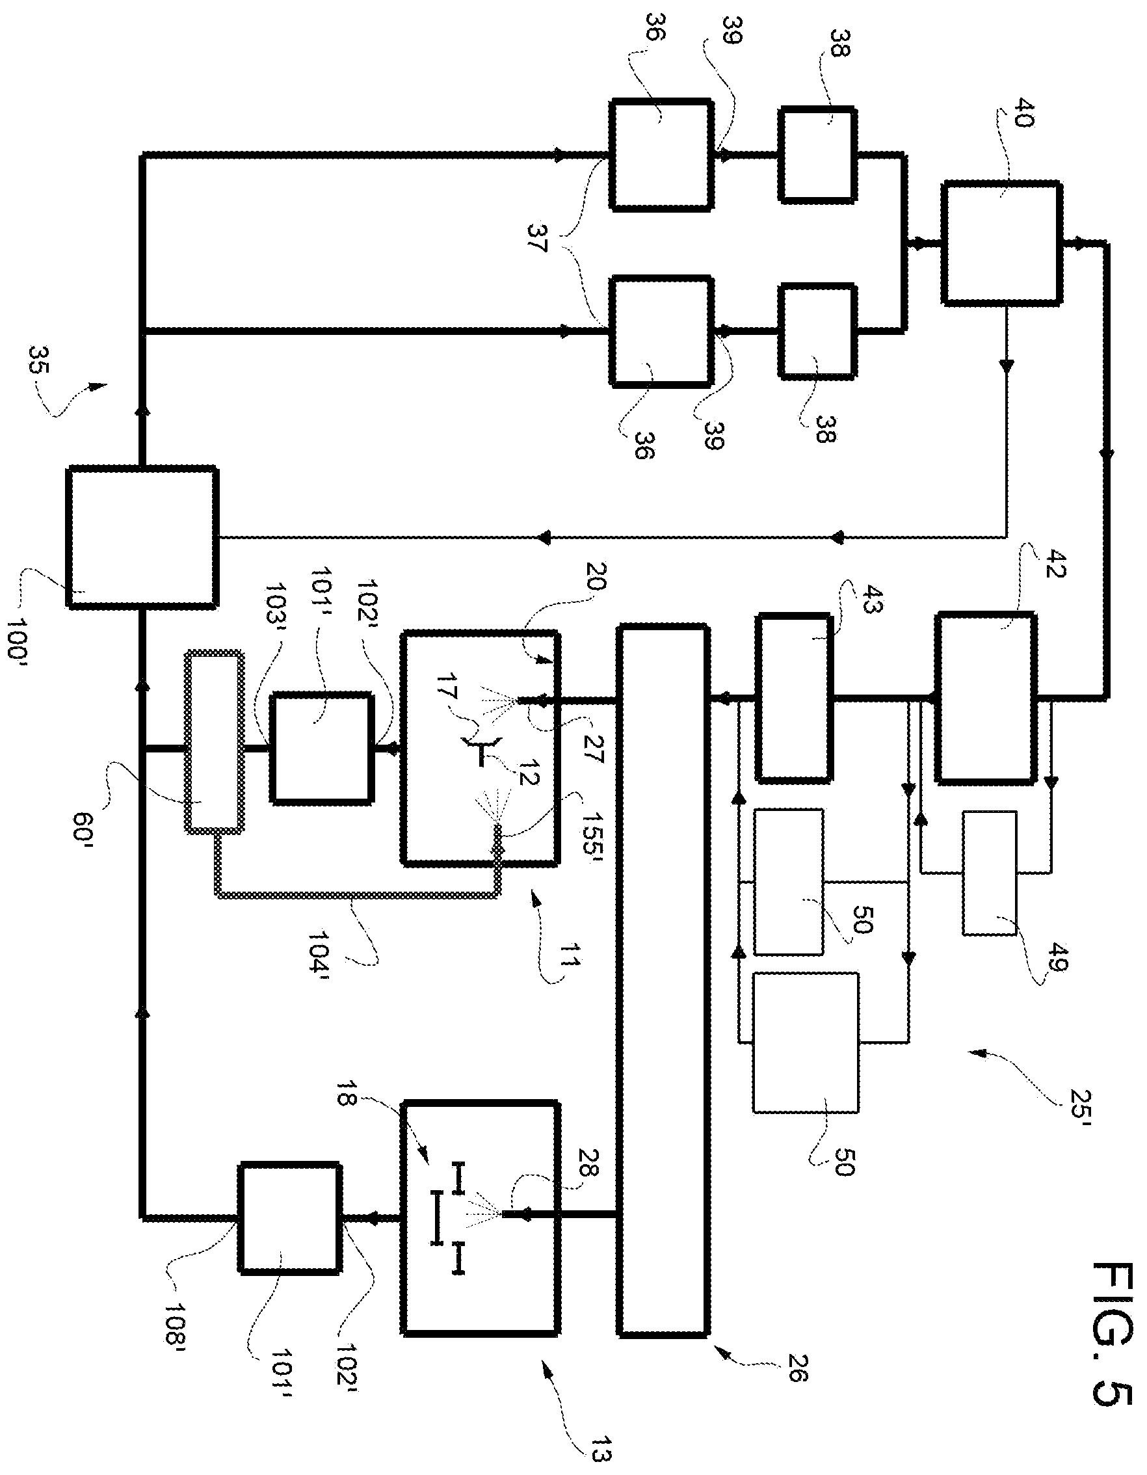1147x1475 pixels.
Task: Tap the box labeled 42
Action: coord(985,698)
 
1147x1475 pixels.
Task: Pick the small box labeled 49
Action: coord(989,873)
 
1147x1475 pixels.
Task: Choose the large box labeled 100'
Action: coord(142,537)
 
